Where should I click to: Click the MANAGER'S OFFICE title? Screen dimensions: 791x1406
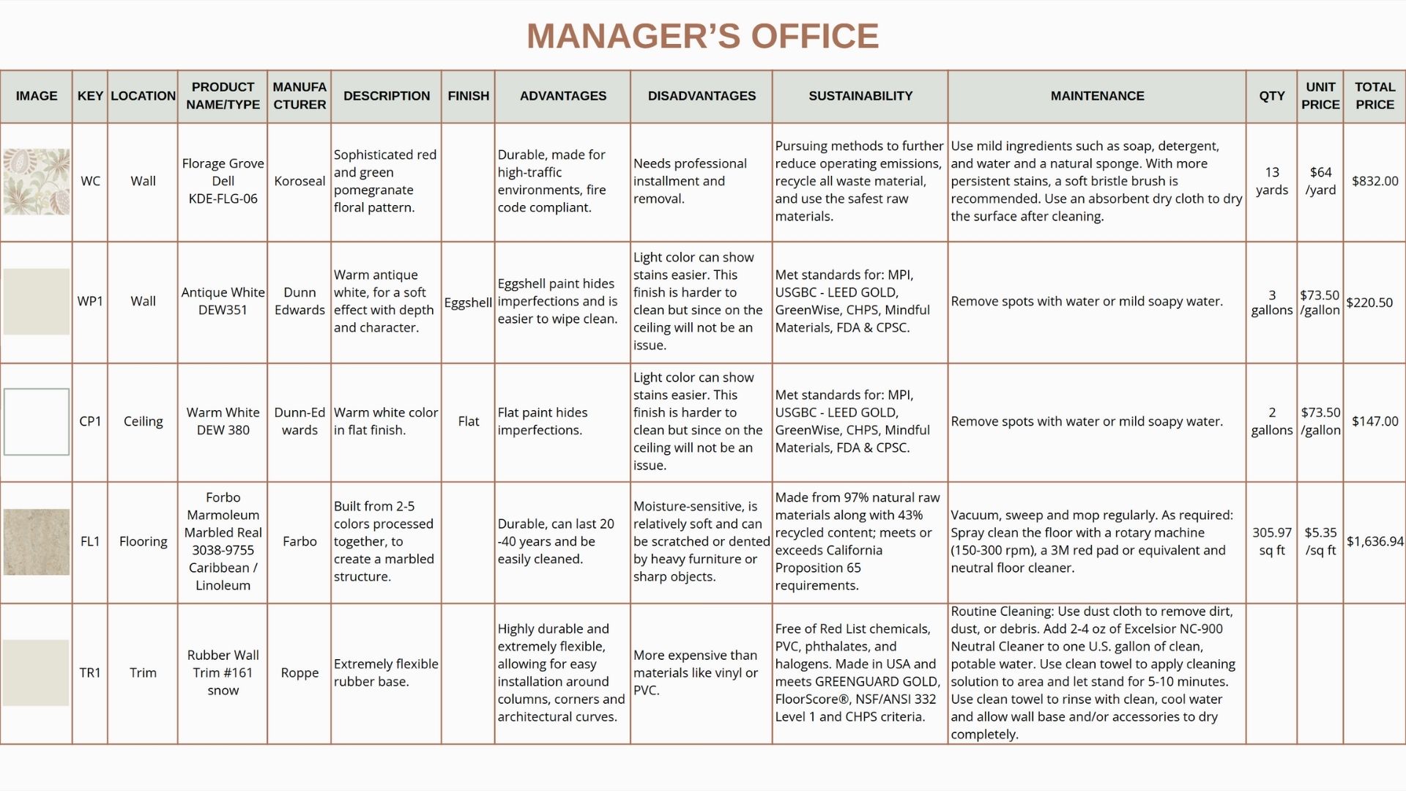click(702, 36)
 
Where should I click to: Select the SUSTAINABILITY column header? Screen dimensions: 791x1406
click(860, 96)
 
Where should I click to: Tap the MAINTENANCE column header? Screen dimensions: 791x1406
click(1096, 96)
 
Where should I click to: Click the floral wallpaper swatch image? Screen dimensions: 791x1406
click(37, 182)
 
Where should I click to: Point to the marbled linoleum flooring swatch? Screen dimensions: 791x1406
click(37, 542)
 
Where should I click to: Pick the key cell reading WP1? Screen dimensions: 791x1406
click(90, 301)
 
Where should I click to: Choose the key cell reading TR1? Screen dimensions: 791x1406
click(90, 672)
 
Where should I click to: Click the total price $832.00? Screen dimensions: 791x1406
click(1375, 181)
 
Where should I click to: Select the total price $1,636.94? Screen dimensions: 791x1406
click(1375, 541)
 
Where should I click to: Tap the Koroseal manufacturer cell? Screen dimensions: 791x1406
click(300, 181)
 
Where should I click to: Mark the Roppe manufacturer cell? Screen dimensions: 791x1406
click(300, 672)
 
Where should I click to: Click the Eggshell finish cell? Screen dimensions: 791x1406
click(468, 302)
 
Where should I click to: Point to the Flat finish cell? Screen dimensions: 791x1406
click(468, 421)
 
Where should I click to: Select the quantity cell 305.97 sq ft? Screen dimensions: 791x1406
click(1271, 541)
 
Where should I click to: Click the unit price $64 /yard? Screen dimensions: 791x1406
click(1320, 181)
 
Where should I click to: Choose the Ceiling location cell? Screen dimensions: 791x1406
click(143, 421)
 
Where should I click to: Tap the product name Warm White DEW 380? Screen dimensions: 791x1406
click(223, 421)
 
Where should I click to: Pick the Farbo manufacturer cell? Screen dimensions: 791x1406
click(300, 541)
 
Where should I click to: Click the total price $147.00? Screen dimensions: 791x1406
click(1375, 421)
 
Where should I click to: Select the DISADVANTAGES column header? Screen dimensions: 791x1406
click(702, 96)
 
